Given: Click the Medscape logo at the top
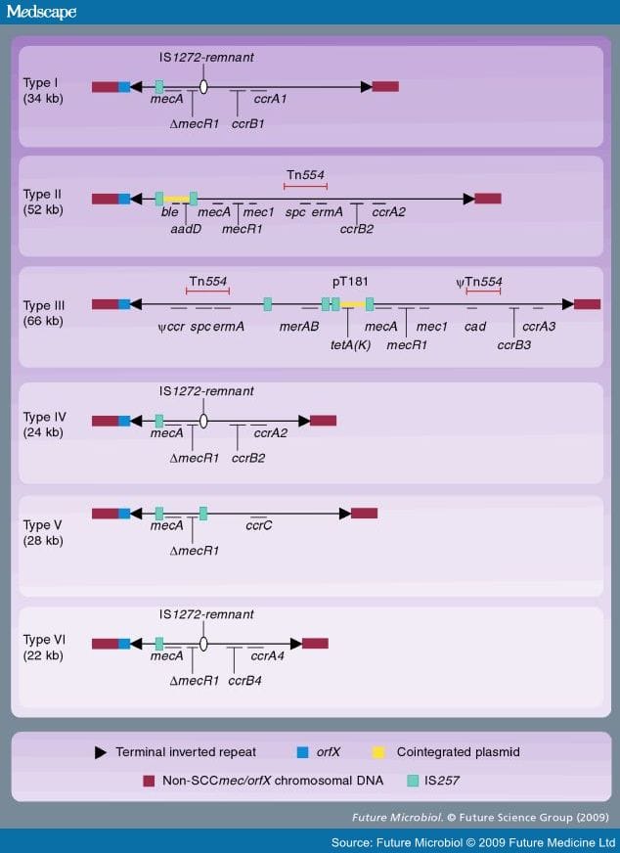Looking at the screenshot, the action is [41, 12].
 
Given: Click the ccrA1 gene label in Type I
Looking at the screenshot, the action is [270, 99].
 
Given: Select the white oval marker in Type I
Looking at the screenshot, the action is [203, 87].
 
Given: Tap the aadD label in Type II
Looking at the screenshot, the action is [186, 229].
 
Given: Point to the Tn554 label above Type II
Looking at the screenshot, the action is [306, 175].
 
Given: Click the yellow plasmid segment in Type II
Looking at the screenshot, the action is [177, 200].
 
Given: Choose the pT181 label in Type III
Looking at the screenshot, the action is [350, 282].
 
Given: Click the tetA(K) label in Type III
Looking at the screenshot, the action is [351, 345].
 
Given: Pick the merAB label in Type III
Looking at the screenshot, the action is [299, 327].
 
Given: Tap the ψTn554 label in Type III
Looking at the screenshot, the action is [479, 282].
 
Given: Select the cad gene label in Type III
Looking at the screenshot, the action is [475, 327].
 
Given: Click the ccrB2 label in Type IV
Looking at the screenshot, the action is [248, 458].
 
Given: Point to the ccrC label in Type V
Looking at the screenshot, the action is [259, 525].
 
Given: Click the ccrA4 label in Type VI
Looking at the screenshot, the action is [268, 656].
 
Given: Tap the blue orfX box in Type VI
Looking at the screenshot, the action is [124, 644].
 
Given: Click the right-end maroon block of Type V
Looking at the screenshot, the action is [365, 513].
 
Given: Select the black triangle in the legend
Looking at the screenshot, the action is [101, 752].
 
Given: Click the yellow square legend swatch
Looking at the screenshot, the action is [378, 752].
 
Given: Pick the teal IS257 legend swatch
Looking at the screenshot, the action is [414, 781].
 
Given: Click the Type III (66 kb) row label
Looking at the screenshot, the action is [44, 313].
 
